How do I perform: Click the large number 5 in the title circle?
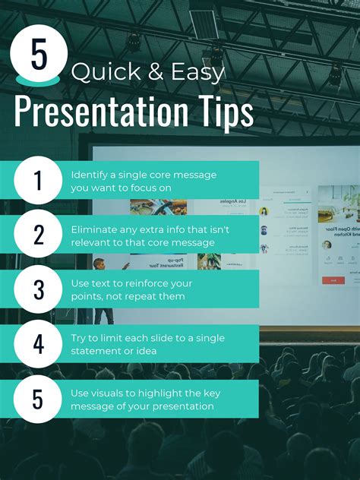39,54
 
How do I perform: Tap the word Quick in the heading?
95,73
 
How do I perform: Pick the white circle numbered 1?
37,180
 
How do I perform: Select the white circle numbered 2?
37,235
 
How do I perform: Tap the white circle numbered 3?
37,289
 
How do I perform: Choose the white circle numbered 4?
37,344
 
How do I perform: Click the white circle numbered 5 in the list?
37,399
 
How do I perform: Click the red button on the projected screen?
333,280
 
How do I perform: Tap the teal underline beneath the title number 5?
39,79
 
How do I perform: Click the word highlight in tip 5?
175,393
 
